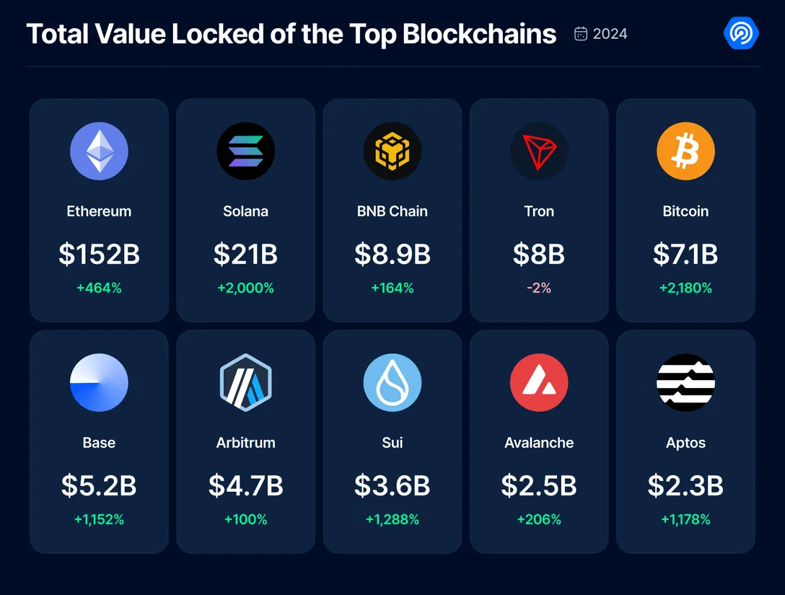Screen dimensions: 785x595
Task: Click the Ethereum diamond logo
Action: [x=99, y=151]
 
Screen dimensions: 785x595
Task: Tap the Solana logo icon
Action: [x=246, y=151]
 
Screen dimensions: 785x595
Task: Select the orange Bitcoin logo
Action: [x=686, y=151]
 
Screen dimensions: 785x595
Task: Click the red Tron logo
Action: [x=539, y=151]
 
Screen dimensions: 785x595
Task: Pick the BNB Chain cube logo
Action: [x=392, y=151]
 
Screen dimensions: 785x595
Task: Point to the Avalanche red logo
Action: [x=539, y=383]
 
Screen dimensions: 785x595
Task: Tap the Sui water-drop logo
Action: [x=392, y=383]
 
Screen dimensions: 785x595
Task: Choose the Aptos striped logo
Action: [x=686, y=383]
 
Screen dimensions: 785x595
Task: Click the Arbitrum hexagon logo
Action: [x=246, y=383]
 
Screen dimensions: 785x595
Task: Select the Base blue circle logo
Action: [x=99, y=383]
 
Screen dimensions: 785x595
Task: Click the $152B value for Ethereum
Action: [x=99, y=254]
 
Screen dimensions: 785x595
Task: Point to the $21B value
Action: [x=246, y=254]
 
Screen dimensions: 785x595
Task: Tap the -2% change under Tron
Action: [x=539, y=288]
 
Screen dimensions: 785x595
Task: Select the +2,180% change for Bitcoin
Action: [x=686, y=288]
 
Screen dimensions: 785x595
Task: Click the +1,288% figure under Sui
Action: [x=392, y=519]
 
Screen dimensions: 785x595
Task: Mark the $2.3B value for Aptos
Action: [x=686, y=485]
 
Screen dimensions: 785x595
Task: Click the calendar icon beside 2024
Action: [x=581, y=33]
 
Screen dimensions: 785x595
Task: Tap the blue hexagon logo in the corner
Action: [x=741, y=33]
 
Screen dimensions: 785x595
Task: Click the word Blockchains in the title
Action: [x=479, y=34]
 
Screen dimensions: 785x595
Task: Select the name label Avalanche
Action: [x=539, y=443]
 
